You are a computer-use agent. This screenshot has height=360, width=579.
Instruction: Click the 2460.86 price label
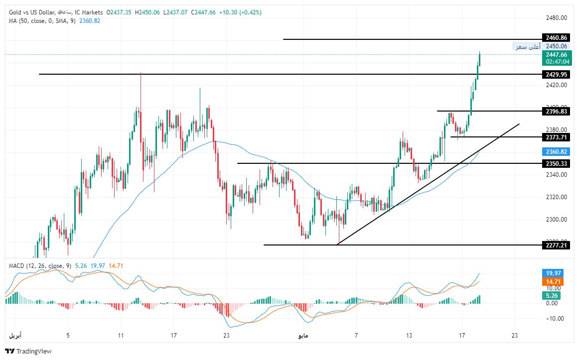[556, 38]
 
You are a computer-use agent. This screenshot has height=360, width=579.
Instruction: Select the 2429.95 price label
[556, 75]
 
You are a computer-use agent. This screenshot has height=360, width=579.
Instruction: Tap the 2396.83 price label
[556, 112]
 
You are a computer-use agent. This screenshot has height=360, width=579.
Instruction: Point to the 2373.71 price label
[556, 137]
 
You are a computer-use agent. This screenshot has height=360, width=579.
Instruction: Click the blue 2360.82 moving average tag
[556, 151]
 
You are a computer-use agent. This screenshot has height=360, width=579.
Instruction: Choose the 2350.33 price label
[556, 164]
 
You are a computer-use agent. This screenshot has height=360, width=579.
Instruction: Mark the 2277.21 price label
[556, 245]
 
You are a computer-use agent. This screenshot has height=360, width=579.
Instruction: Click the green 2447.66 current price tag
[556, 55]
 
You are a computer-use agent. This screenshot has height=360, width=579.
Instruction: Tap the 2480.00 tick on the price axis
[557, 18]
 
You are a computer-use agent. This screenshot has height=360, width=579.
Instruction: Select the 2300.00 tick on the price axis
[557, 220]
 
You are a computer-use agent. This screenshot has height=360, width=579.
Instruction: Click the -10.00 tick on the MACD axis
[555, 319]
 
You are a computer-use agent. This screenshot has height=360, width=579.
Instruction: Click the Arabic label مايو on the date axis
[303, 336]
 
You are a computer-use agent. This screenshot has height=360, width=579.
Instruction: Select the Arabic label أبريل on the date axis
[16, 336]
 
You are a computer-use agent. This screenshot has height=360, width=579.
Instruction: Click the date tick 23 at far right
[515, 336]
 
